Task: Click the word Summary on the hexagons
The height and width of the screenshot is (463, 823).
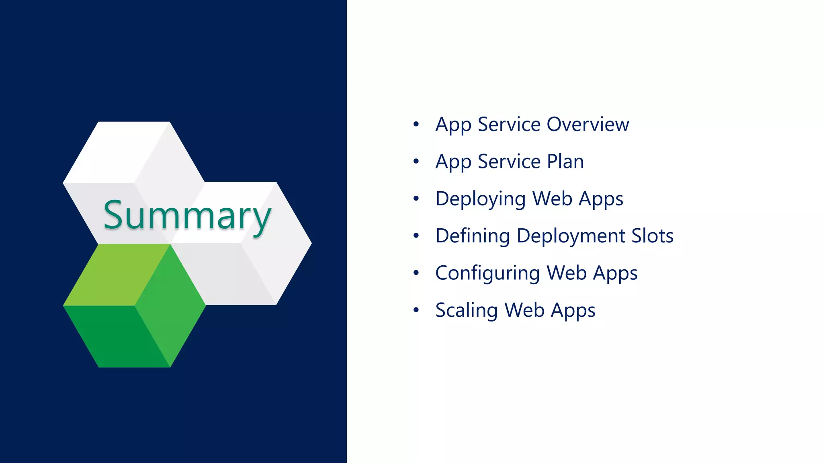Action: [187, 216]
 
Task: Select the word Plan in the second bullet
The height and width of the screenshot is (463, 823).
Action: [565, 162]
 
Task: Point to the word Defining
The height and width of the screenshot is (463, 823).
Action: [473, 236]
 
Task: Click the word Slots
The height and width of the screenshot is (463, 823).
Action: [652, 236]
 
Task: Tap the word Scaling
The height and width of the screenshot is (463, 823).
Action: [467, 310]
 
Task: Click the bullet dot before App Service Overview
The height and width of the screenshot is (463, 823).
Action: [416, 124]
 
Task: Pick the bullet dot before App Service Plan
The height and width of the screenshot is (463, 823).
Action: [416, 162]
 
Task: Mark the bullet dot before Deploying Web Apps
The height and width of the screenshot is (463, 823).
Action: [416, 199]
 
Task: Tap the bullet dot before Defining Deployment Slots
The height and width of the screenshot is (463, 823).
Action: [416, 236]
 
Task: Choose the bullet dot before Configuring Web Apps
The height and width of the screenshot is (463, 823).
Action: [416, 273]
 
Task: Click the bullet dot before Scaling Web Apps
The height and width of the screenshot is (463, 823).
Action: [416, 310]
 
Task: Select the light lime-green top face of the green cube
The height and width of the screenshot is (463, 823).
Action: [117, 275]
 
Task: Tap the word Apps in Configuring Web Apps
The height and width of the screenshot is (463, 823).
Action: [615, 273]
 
